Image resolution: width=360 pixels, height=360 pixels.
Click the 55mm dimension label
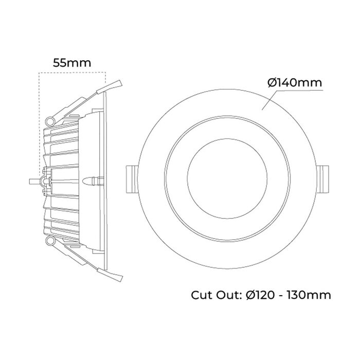coord(72,63)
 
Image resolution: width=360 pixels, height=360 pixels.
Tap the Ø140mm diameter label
coord(295,83)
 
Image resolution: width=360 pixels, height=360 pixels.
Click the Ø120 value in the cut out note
coord(260,295)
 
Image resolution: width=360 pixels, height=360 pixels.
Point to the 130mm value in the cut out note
coord(309,295)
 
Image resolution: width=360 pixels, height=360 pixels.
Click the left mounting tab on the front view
coord(132,179)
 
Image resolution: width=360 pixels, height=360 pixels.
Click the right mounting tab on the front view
coord(323,179)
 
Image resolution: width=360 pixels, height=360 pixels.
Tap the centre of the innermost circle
coord(227,178)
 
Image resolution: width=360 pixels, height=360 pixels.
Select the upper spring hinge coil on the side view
coord(50,121)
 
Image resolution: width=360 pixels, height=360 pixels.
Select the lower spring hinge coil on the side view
coord(50,241)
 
